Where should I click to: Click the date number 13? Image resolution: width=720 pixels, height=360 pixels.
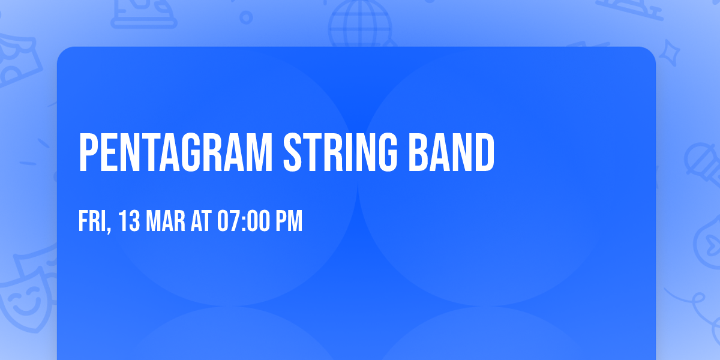(x=129, y=222)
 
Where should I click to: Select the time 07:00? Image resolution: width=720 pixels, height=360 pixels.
(x=242, y=222)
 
